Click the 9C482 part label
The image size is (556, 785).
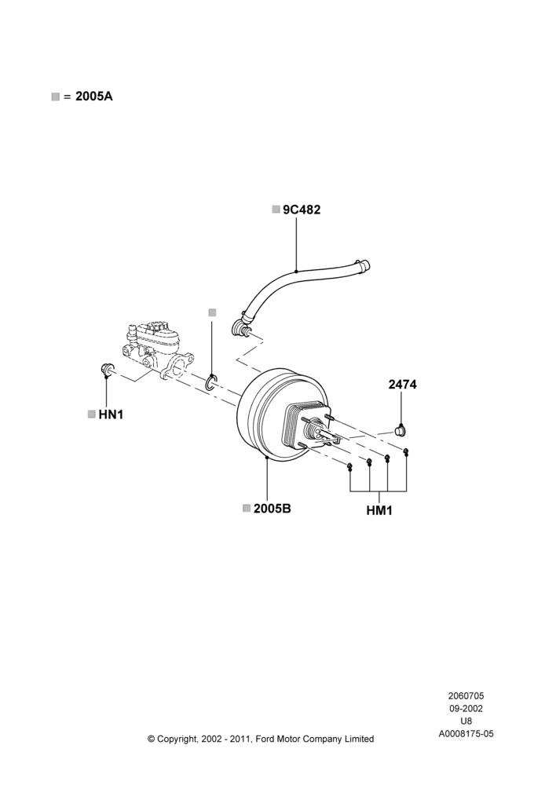click(x=302, y=210)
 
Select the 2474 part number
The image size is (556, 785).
click(x=402, y=385)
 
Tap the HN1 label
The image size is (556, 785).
click(x=111, y=414)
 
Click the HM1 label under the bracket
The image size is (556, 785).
click(x=379, y=511)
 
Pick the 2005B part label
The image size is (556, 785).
click(x=272, y=509)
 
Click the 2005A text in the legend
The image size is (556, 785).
click(x=94, y=97)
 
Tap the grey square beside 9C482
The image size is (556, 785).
click(x=276, y=210)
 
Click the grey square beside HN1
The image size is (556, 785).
click(x=91, y=414)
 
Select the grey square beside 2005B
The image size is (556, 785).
click(x=247, y=508)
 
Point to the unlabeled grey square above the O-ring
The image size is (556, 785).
click(x=212, y=312)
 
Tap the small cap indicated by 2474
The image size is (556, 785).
click(x=401, y=430)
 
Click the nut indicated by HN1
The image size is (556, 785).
click(x=107, y=369)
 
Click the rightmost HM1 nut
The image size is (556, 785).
click(x=406, y=452)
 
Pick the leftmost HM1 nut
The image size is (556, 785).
click(x=350, y=467)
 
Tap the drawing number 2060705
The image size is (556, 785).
click(x=466, y=696)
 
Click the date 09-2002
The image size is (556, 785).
click(x=466, y=708)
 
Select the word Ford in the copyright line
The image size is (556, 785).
click(x=266, y=739)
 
